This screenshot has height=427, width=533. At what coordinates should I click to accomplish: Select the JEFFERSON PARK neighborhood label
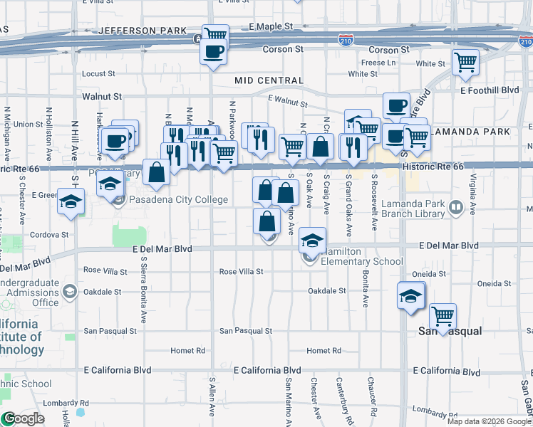[x=142, y=31]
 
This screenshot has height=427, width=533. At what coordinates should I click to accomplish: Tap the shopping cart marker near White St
[x=465, y=63]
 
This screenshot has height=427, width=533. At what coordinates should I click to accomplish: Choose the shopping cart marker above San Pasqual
[x=443, y=316]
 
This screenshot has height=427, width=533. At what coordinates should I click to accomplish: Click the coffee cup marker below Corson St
[x=214, y=51]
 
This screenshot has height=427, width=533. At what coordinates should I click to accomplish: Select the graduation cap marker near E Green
[x=71, y=201]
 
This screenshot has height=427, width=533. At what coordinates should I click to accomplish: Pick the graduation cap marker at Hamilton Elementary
[x=312, y=241]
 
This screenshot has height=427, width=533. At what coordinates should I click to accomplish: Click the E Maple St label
[x=271, y=26]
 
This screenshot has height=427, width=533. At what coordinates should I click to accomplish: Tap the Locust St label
[x=98, y=74]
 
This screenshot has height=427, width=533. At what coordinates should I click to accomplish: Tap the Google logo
[x=23, y=418]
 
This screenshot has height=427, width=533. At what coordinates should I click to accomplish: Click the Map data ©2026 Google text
[x=489, y=421]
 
